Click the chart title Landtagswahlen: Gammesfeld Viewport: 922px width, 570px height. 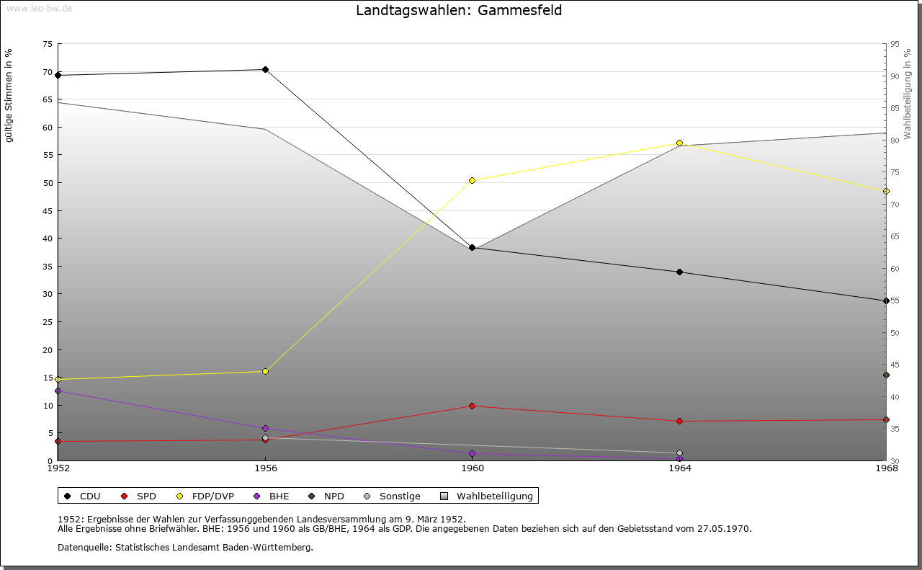[x=459, y=11]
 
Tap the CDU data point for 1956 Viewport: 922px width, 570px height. [x=265, y=70]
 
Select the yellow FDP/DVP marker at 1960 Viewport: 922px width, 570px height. [x=473, y=180]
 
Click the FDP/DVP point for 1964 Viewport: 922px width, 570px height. [x=679, y=143]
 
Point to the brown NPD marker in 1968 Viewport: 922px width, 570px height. [x=886, y=375]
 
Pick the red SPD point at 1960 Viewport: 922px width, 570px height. [x=473, y=406]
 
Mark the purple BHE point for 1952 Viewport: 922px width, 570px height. [x=58, y=391]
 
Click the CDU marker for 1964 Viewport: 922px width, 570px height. [x=679, y=272]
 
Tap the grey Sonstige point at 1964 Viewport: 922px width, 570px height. [x=679, y=453]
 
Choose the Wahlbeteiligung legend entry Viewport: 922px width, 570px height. [x=488, y=496]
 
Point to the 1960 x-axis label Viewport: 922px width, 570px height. [x=473, y=468]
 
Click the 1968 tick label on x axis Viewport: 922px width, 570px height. [x=886, y=468]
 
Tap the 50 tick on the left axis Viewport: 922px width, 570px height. [x=48, y=183]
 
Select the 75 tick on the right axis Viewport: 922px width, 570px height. [x=895, y=172]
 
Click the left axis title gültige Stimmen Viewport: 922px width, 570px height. [x=9, y=96]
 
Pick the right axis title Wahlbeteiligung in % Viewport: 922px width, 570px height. [x=907, y=94]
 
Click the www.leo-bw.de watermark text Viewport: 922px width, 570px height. [x=39, y=6]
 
